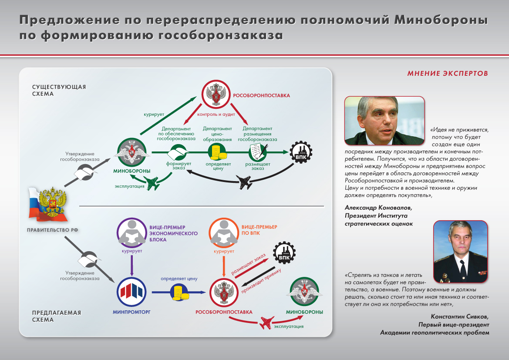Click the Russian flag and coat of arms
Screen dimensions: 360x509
[x=47, y=204]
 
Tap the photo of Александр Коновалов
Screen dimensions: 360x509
[x=384, y=121]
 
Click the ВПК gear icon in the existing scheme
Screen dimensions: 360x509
[x=301, y=151]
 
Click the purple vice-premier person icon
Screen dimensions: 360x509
[x=132, y=233]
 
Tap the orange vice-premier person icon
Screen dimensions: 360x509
[x=224, y=233]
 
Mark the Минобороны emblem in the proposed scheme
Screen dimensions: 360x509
[x=304, y=293]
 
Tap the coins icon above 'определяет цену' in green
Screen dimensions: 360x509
[x=217, y=152]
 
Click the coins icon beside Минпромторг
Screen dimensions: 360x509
[x=180, y=293]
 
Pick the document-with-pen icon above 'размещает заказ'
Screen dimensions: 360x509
[x=258, y=152]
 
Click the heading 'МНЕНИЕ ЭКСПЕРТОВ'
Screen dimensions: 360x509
[x=447, y=73]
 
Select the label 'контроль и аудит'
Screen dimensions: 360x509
[x=216, y=114]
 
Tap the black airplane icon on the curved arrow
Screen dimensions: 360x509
[x=246, y=182]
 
